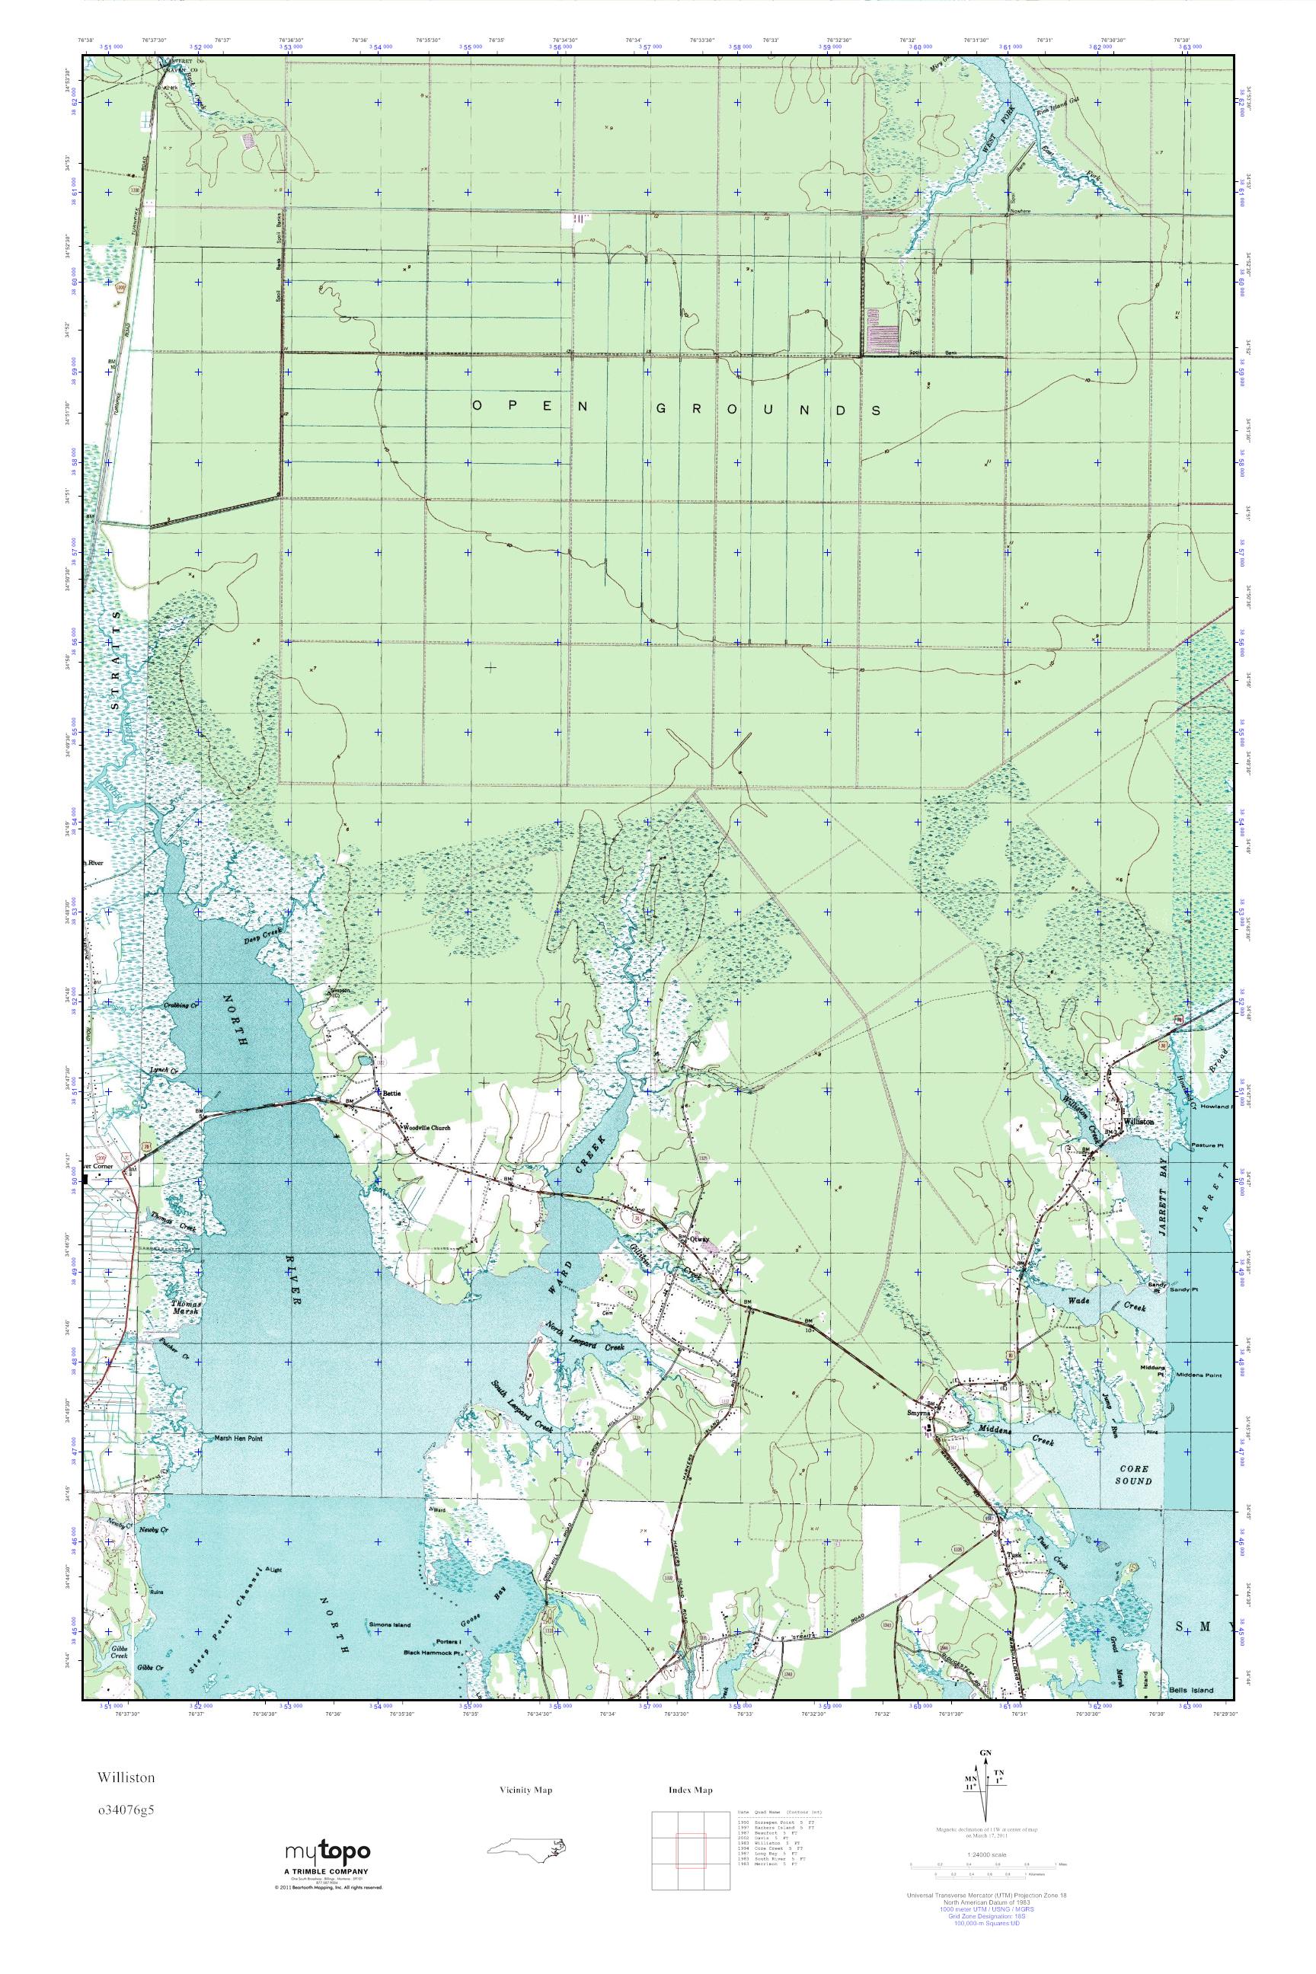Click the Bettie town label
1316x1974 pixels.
click(393, 1093)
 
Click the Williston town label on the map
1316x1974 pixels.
click(1138, 1121)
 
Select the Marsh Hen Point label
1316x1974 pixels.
click(239, 1438)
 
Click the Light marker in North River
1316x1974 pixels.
click(273, 1570)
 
